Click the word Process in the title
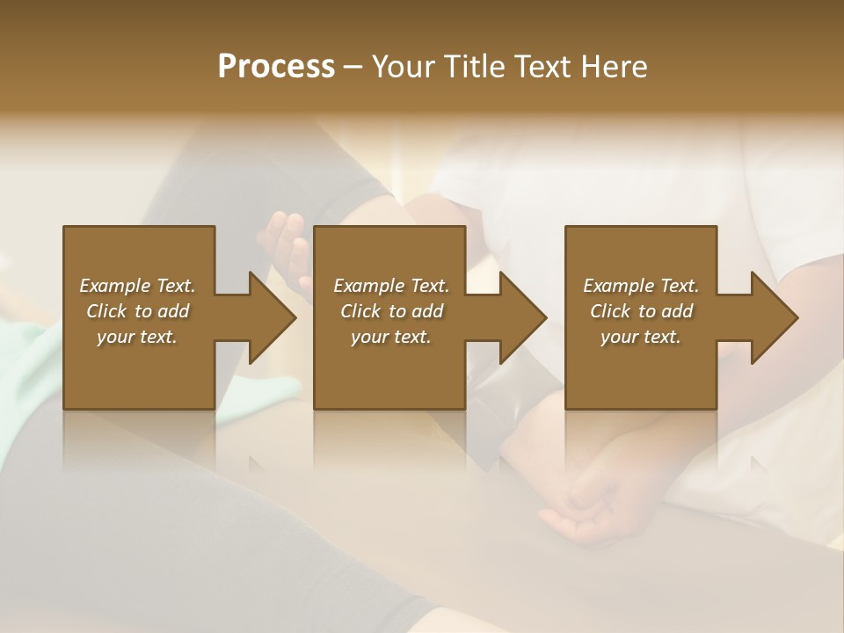pyautogui.click(x=276, y=67)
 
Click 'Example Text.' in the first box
pyautogui.click(x=137, y=286)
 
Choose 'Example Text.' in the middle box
pyautogui.click(x=391, y=286)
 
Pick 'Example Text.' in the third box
pyautogui.click(x=641, y=286)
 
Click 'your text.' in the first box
pyautogui.click(x=137, y=337)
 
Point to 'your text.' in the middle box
pyautogui.click(x=391, y=337)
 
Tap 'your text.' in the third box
pyautogui.click(x=641, y=337)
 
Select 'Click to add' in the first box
pyautogui.click(x=137, y=311)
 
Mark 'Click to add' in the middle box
pyautogui.click(x=391, y=311)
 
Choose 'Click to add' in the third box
pyautogui.click(x=641, y=311)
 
